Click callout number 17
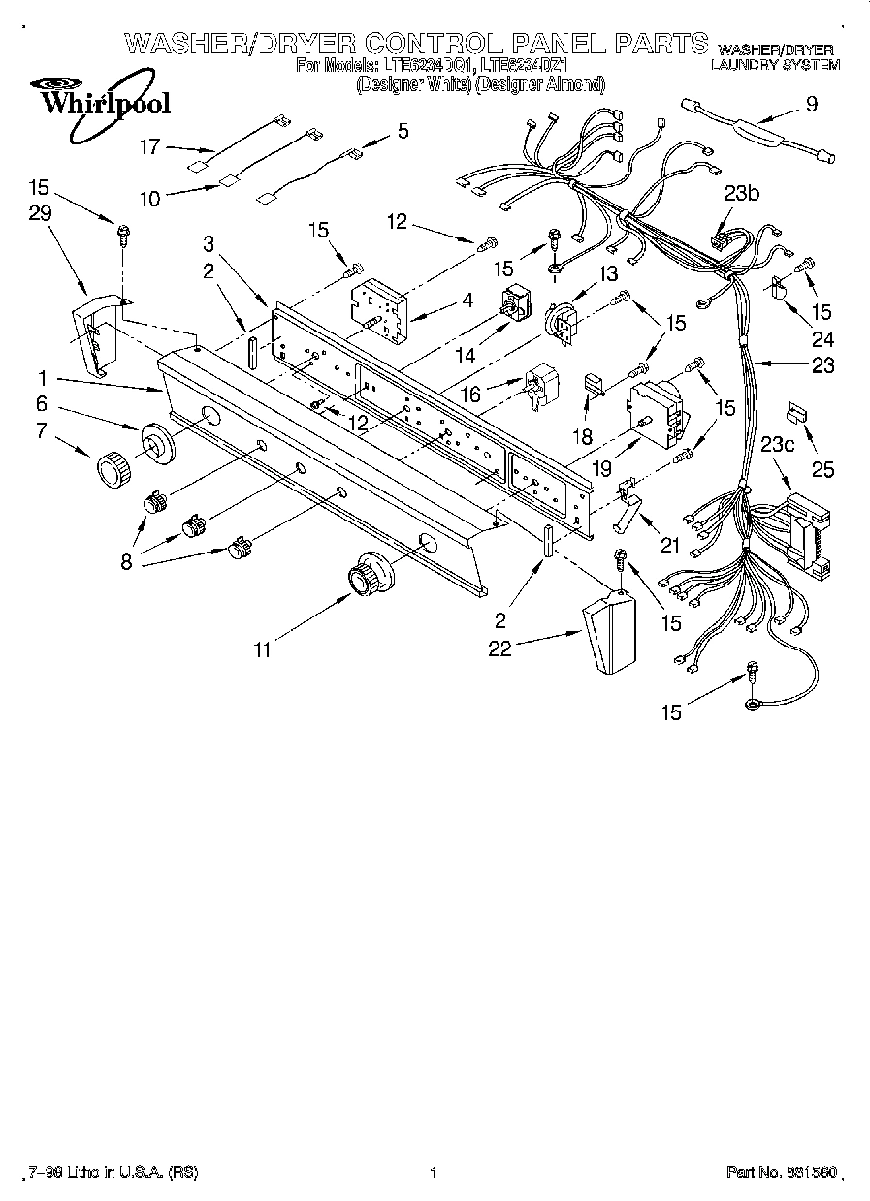click(149, 147)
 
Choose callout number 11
click(263, 649)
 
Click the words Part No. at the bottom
click(755, 1172)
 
